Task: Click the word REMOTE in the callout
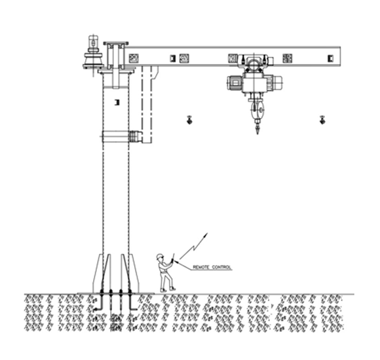click(x=200, y=267)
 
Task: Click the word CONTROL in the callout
click(x=221, y=267)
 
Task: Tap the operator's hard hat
click(x=159, y=256)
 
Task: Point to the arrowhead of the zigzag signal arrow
click(x=206, y=235)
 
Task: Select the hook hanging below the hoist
click(x=257, y=128)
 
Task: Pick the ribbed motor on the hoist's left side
click(x=235, y=82)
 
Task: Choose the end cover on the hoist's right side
click(x=278, y=82)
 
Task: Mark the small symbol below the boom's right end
click(x=322, y=120)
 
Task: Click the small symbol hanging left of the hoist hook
click(x=189, y=120)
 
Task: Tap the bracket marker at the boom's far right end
click(x=331, y=58)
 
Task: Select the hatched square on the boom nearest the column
click(x=134, y=58)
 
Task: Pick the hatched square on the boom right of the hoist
click(x=287, y=58)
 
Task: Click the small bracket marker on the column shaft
click(x=117, y=102)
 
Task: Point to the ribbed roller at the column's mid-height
click(x=135, y=137)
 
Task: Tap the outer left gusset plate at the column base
click(x=98, y=274)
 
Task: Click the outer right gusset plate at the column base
click(x=134, y=274)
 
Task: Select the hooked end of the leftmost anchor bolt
click(x=98, y=309)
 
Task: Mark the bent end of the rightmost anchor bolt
click(x=134, y=309)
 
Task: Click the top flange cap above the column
click(x=116, y=43)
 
